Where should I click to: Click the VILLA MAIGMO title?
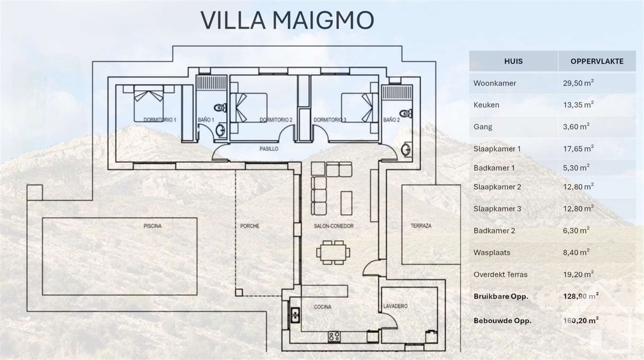tap(287, 20)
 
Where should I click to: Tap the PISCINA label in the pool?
tap(152, 226)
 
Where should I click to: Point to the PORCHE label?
tap(250, 226)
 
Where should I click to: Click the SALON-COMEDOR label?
tap(334, 226)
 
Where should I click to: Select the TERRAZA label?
tap(421, 226)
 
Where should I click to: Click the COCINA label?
tap(322, 307)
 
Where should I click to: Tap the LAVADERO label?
tap(395, 306)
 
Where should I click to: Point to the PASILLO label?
tap(269, 149)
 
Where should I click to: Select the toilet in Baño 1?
tap(221, 108)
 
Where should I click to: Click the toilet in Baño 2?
tap(406, 113)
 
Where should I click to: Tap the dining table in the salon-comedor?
tap(334, 252)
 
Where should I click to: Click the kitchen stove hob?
tap(334, 337)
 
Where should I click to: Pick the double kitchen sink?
tap(295, 315)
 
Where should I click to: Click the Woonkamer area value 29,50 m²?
tap(578, 83)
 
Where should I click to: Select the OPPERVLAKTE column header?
tap(597, 61)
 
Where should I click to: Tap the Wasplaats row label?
tap(492, 252)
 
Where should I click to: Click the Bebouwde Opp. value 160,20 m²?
tap(581, 320)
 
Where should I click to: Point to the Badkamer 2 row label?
tap(494, 230)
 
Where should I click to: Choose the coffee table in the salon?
tap(346, 203)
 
